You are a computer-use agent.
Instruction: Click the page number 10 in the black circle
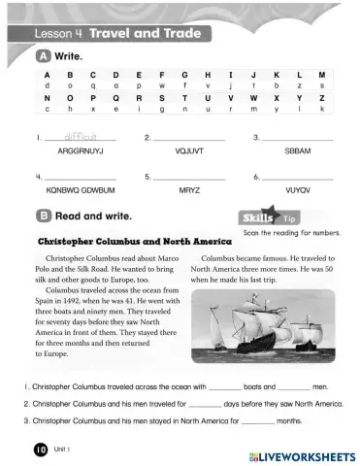(x=40, y=449)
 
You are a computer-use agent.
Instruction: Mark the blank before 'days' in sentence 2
(x=205, y=403)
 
